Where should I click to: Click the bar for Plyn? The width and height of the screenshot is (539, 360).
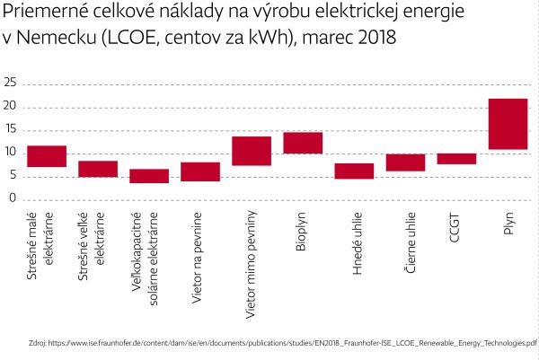click(x=508, y=124)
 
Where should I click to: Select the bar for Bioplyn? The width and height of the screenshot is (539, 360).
click(x=303, y=143)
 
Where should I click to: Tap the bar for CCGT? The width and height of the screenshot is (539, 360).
click(x=456, y=158)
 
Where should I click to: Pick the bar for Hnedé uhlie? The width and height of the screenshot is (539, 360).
click(x=354, y=171)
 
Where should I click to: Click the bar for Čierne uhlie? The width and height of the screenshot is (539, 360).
click(x=405, y=162)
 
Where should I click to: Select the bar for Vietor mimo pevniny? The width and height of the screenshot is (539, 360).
click(x=252, y=151)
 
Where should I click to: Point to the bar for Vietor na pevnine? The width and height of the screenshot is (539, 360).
click(x=200, y=171)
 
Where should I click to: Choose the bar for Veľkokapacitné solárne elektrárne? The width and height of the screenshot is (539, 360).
click(x=149, y=176)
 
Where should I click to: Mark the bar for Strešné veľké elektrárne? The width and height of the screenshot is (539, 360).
click(x=98, y=169)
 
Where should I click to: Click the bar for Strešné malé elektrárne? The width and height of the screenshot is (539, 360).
click(x=47, y=156)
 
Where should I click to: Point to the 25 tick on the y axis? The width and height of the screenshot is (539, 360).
click(x=11, y=83)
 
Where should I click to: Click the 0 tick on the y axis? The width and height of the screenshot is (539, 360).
click(x=13, y=198)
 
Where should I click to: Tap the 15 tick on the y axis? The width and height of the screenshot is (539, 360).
click(x=11, y=129)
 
